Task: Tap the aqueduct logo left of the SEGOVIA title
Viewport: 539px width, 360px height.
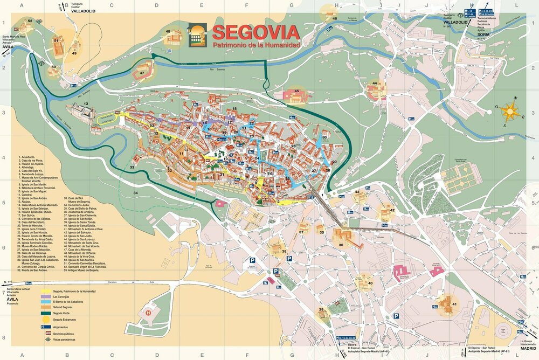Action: pos(197,35)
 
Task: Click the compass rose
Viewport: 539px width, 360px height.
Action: pos(509,111)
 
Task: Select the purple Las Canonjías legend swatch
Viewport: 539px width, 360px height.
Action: pos(46,296)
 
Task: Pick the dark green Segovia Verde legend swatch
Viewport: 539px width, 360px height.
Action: pos(46,313)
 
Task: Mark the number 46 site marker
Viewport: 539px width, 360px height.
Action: pos(334,19)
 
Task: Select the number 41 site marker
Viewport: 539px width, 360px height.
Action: pos(454,304)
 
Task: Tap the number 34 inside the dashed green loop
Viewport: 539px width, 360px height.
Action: pos(136,193)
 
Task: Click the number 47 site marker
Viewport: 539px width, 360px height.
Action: pos(142,73)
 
